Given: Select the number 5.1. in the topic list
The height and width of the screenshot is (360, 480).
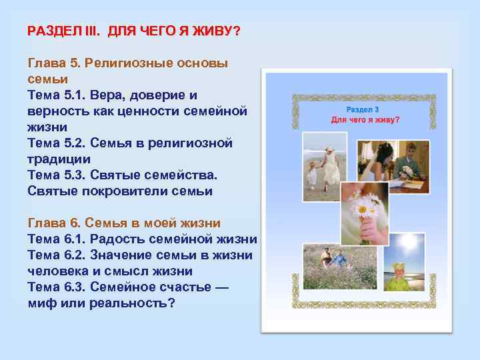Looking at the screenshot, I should pyautogui.click(x=79, y=95).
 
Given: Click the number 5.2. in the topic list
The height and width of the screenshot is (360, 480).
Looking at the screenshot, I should pyautogui.click(x=81, y=143).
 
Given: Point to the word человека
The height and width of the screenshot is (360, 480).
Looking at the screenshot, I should pyautogui.click(x=58, y=271).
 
